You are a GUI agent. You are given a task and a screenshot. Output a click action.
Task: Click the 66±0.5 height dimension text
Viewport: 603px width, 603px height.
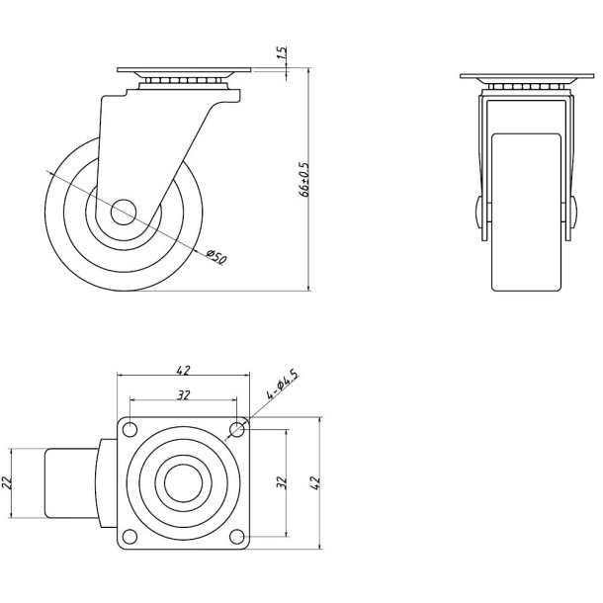(x=303, y=181)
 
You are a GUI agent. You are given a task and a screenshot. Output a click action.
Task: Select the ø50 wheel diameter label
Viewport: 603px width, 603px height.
(x=217, y=255)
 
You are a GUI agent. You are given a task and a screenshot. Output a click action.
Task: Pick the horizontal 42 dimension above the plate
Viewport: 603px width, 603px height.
(x=183, y=371)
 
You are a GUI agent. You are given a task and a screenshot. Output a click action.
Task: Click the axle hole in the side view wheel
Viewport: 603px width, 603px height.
(x=123, y=212)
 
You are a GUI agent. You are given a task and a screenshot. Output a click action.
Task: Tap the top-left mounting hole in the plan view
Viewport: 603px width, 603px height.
(x=129, y=429)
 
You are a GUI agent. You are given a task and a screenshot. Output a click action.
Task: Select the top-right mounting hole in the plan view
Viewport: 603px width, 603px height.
(x=236, y=429)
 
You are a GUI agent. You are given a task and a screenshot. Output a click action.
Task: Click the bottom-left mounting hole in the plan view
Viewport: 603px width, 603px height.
(x=129, y=536)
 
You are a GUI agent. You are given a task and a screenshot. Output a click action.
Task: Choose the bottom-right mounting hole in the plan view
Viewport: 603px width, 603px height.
(x=236, y=536)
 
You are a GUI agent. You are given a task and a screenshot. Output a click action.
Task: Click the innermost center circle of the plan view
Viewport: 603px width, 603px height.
(x=183, y=482)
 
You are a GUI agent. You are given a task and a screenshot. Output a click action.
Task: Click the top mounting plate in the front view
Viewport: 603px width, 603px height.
(x=528, y=79)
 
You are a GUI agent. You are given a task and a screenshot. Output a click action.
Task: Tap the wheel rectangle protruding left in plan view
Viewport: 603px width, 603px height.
(x=69, y=482)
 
